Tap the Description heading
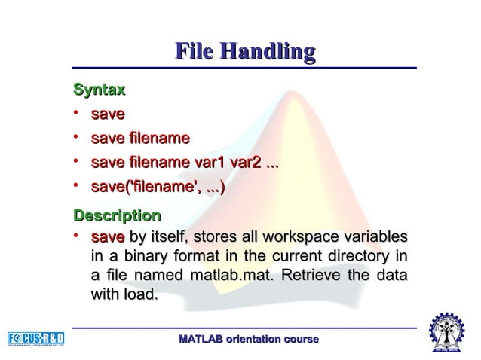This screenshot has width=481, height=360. tap(116, 217)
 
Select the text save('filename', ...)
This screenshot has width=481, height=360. tap(158, 185)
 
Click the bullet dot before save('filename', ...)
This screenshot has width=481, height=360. tap(78, 185)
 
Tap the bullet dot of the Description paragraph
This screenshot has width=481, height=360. tap(78, 236)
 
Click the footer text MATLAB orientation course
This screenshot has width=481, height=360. tap(248, 341)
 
